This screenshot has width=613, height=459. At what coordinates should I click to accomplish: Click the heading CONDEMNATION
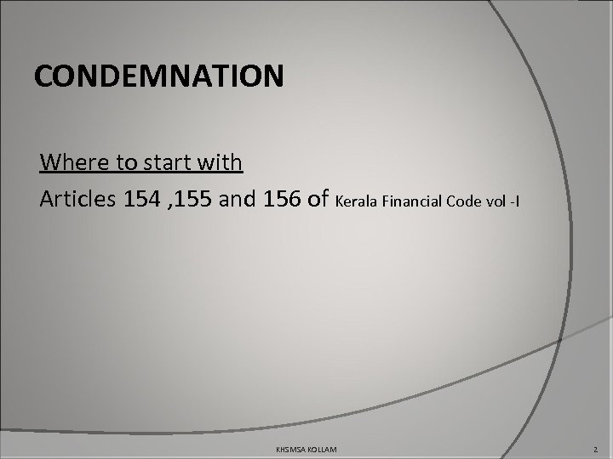coord(159,76)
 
